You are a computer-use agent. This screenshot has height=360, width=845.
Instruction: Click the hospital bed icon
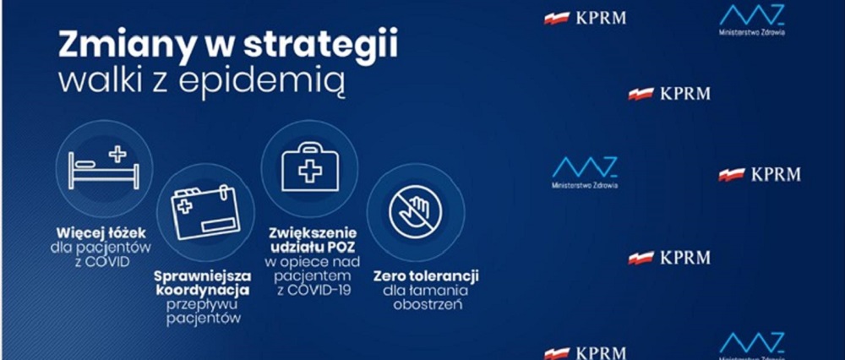pyautogui.click(x=103, y=166)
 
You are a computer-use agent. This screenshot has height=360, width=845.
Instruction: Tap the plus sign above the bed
pyautogui.click(x=117, y=154)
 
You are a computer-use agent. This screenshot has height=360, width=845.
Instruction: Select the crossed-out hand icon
pyautogui.click(x=415, y=210)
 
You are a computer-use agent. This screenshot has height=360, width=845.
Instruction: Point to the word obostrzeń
pyautogui.click(x=428, y=304)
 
